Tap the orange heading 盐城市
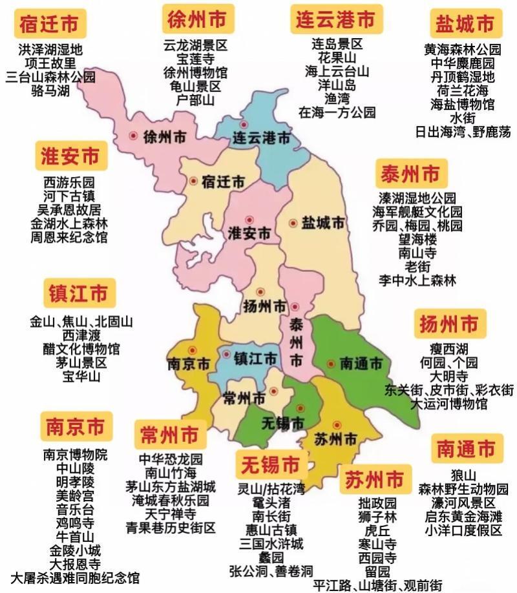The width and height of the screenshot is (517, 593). point(465,25)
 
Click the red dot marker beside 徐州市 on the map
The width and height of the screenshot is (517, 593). point(134,136)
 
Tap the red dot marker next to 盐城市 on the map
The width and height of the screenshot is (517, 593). point(293,223)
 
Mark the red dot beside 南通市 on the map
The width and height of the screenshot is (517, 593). point(331,363)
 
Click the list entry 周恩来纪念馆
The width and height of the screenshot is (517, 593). point(69,237)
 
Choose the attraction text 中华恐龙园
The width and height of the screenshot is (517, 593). point(171,459)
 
